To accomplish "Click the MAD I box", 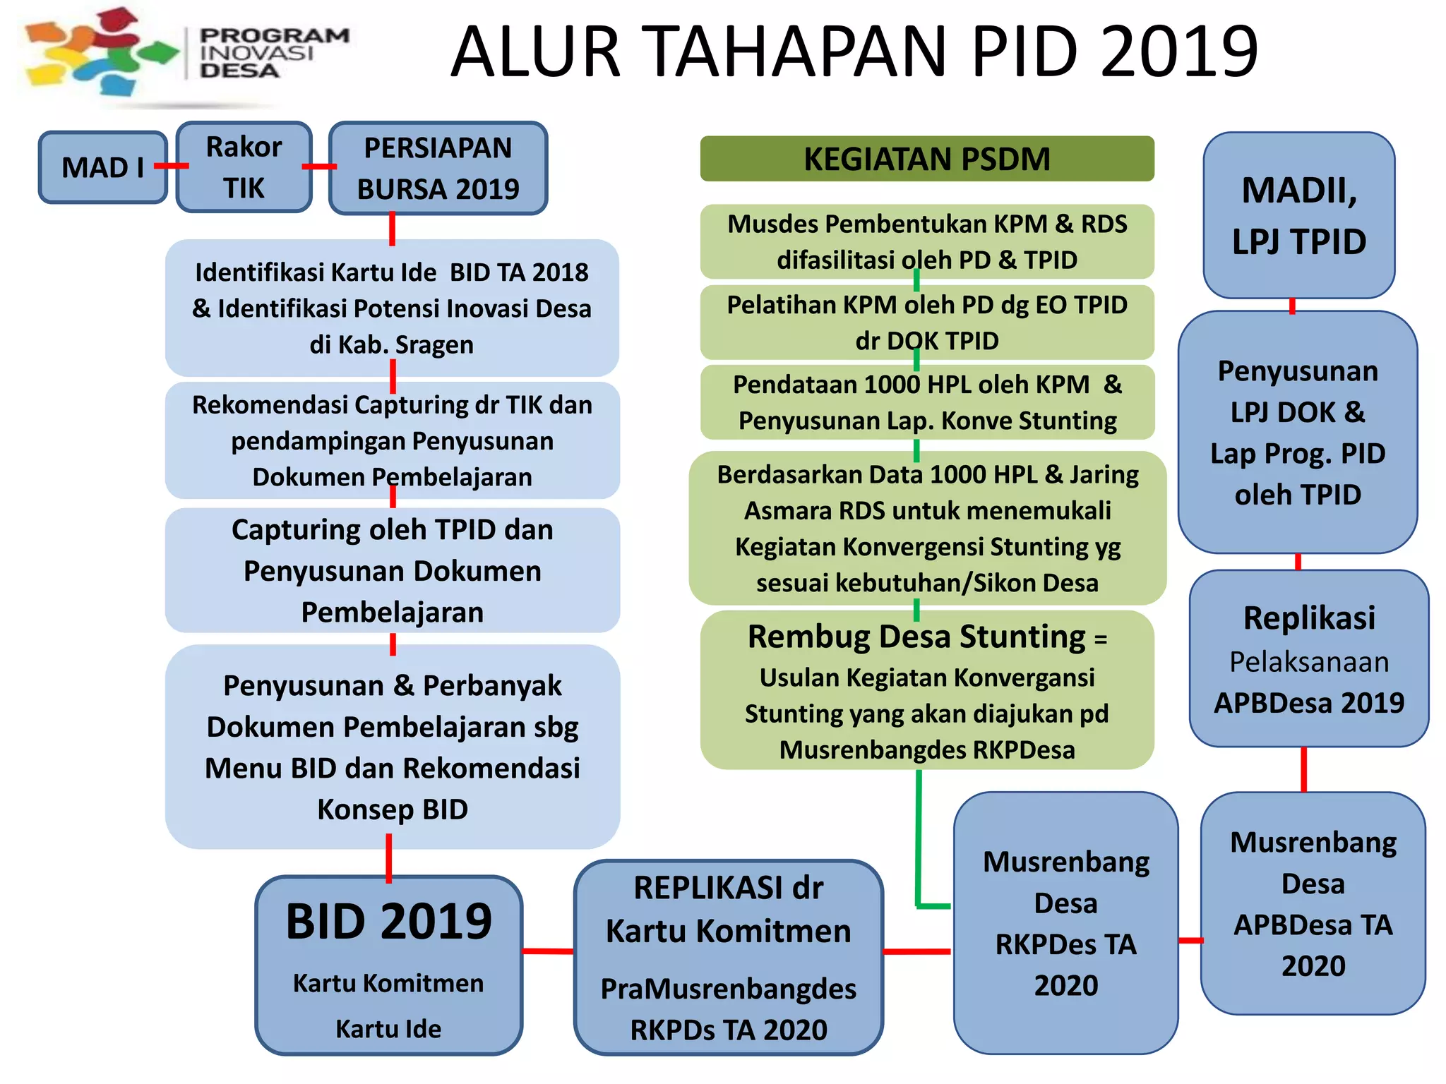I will pos(102,167).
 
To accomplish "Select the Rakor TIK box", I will pos(244,167).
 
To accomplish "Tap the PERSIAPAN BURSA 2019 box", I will pos(438,168).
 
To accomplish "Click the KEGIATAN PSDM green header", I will pos(926,159).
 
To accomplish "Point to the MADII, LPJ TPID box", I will pos(1298,215).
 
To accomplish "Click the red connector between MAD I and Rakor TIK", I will pos(172,166).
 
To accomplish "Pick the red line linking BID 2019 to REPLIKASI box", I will pos(548,951).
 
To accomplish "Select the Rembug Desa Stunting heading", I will pos(916,637).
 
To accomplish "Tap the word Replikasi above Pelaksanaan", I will pos(1309,618).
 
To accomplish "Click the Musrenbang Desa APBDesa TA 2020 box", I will pos(1313,903).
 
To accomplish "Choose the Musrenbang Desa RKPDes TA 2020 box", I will pos(1065,922).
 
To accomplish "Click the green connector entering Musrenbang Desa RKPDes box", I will pos(932,905).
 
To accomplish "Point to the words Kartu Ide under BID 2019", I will pos(388,1029).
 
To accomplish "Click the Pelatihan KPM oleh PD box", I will pos(926,323).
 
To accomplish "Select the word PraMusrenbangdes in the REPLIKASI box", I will pos(728,989).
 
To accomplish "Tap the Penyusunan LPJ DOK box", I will pos(1298,432).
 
